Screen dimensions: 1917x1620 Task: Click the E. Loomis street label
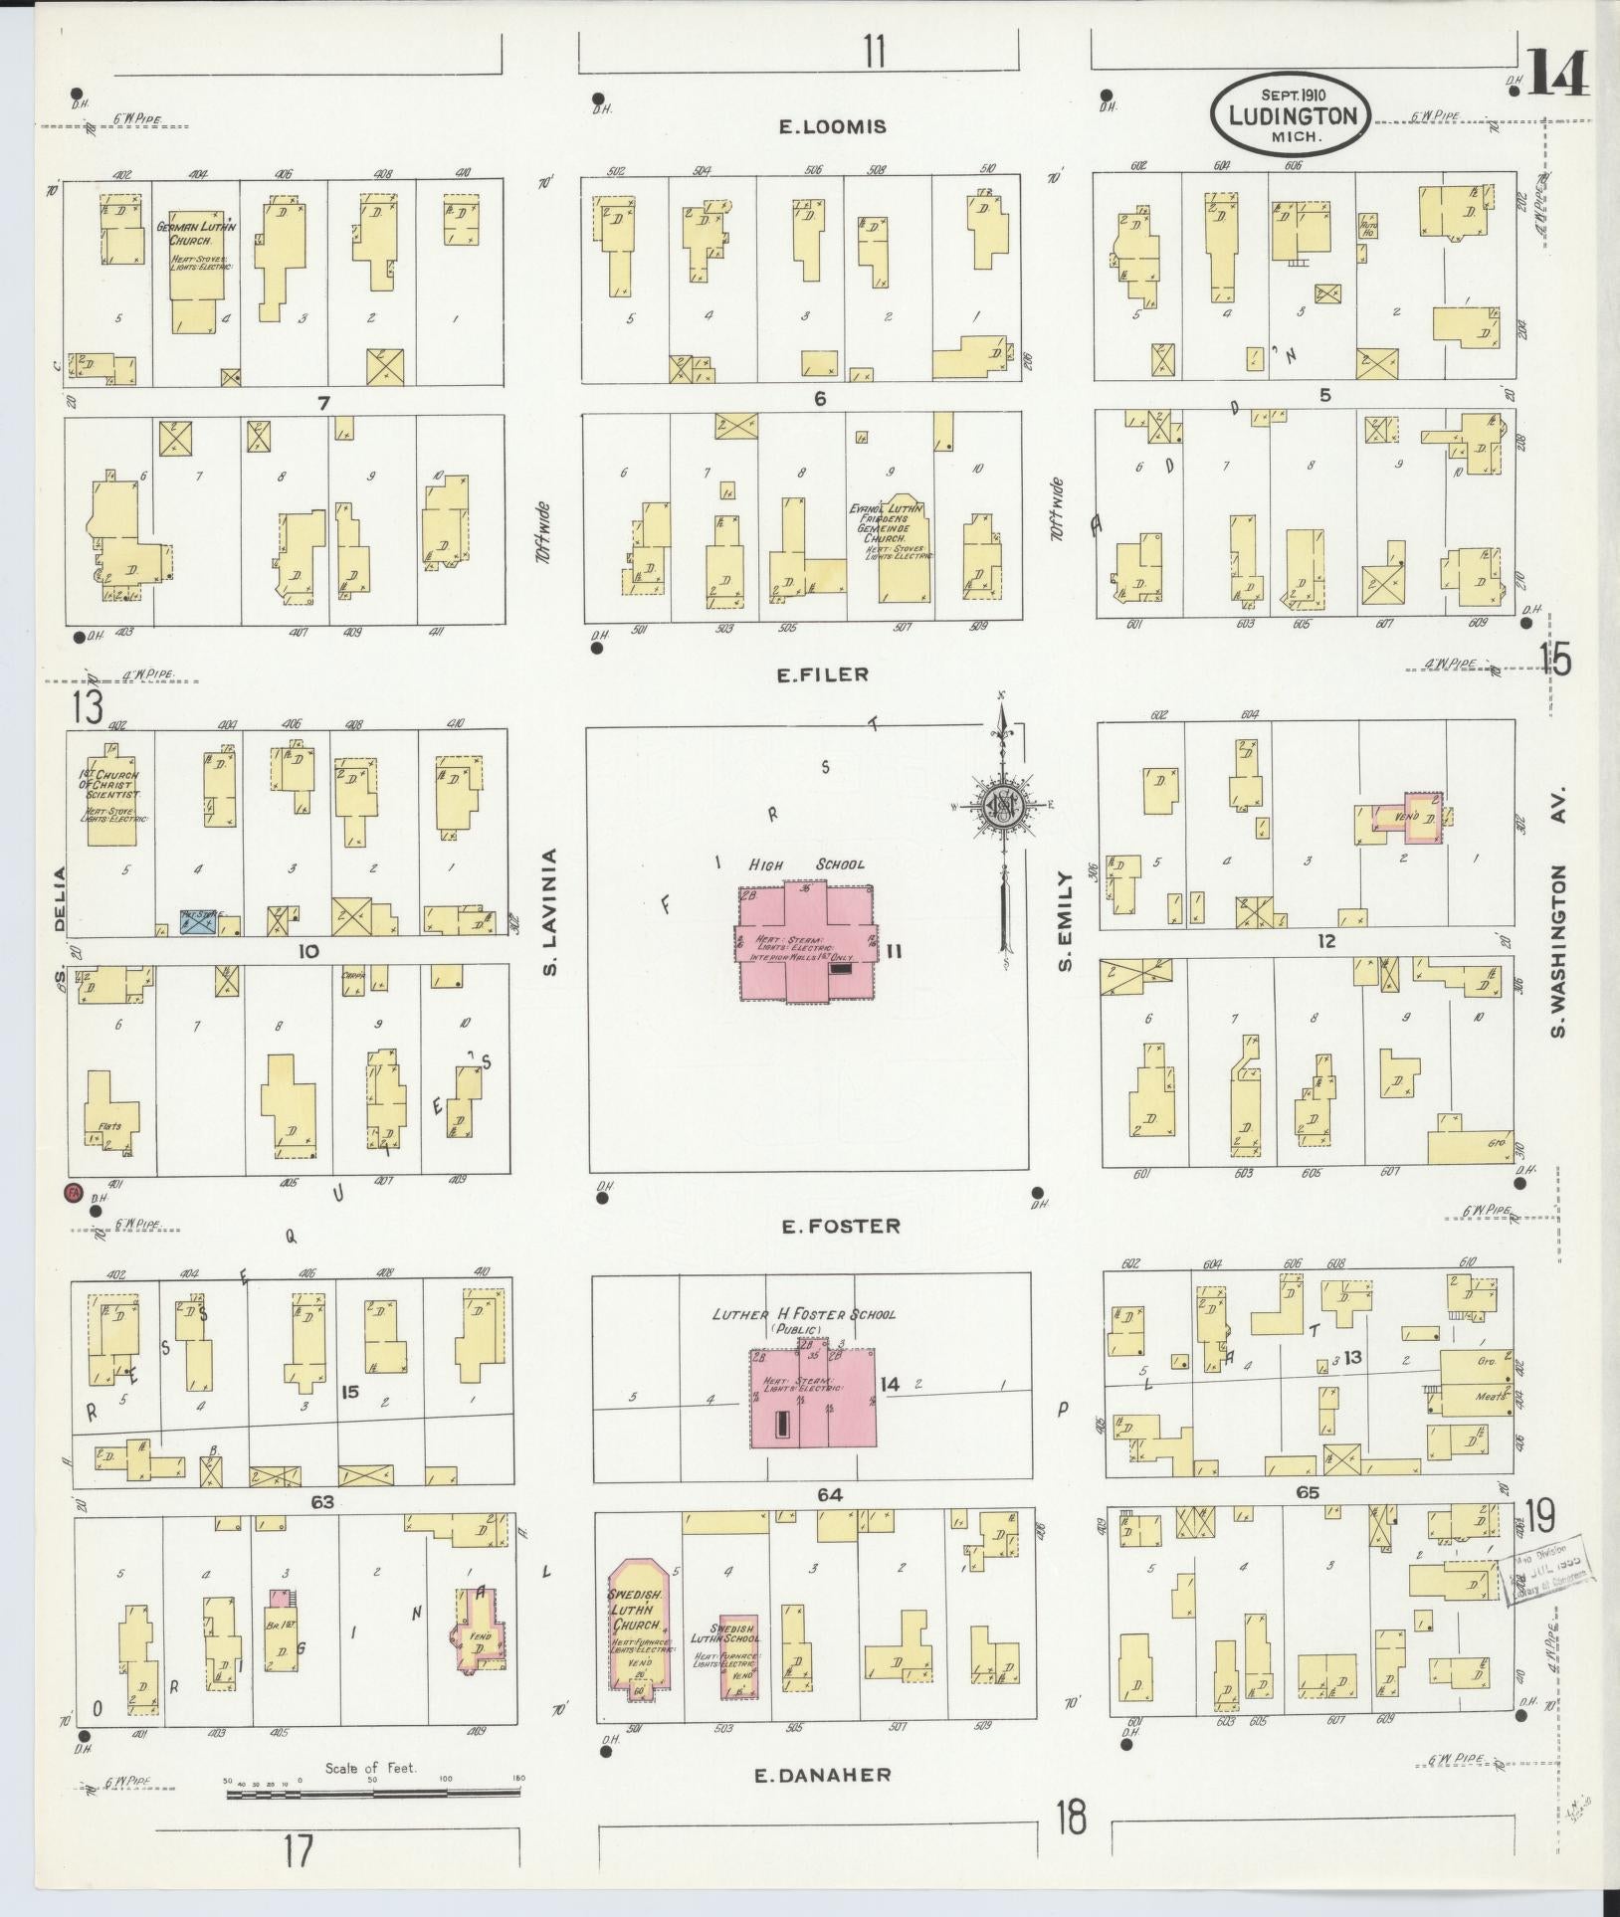pos(832,126)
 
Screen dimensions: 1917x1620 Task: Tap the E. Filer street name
pos(822,674)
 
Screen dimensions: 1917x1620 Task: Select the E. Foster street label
pos(841,1227)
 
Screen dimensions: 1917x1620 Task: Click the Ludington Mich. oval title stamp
pos(1291,115)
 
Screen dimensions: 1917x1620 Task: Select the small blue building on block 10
pos(199,922)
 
